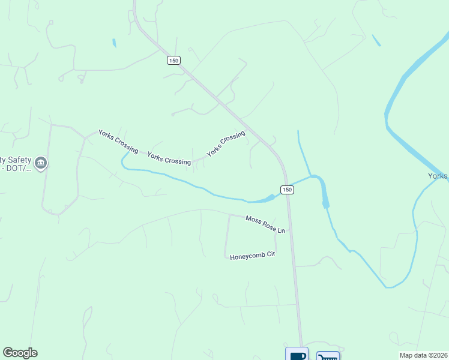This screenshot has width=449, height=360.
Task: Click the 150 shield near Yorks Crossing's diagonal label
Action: [174, 61]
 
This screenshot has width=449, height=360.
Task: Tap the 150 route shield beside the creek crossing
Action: [287, 190]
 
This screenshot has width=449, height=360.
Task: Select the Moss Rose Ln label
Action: [265, 224]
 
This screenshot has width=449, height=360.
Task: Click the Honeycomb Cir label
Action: [252, 256]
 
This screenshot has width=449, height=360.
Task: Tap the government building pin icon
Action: [41, 163]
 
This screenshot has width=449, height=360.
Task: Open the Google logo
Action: [20, 353]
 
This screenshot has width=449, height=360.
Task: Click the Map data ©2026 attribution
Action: [424, 355]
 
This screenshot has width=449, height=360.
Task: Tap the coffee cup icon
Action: [297, 355]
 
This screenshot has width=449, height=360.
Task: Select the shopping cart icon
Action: [328, 356]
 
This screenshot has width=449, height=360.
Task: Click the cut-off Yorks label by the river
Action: [438, 176]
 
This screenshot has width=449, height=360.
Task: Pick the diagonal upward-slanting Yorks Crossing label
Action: [226, 144]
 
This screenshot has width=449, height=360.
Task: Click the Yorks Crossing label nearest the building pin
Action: [118, 141]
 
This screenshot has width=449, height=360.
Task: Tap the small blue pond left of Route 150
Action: [114, 43]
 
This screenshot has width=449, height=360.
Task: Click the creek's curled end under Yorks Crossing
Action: [124, 160]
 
